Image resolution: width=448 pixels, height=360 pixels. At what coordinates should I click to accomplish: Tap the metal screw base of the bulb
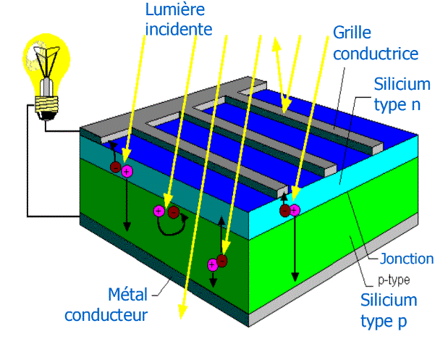coord(47,105)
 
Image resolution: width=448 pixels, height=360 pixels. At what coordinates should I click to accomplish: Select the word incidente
coord(178,29)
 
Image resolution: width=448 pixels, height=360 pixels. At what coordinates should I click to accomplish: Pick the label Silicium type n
coord(402,94)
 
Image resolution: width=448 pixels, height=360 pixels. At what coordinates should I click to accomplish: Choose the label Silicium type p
coord(389,310)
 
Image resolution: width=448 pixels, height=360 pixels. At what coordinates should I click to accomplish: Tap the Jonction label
coord(407,259)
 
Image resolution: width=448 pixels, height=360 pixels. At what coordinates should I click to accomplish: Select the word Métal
coord(127,294)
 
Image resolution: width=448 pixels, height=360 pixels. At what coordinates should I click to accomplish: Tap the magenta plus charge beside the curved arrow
coord(159,212)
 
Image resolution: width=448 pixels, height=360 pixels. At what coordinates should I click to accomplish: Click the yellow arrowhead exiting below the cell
coord(182,311)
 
